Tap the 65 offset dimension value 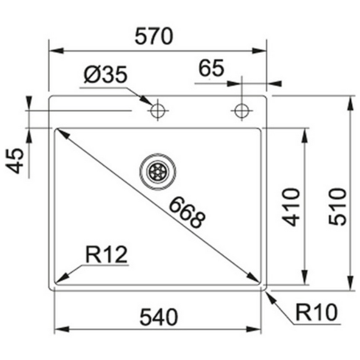211,68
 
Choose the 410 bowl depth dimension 291,206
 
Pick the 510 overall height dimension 337,206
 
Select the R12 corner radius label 107,256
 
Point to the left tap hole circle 158,111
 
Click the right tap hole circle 241,111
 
